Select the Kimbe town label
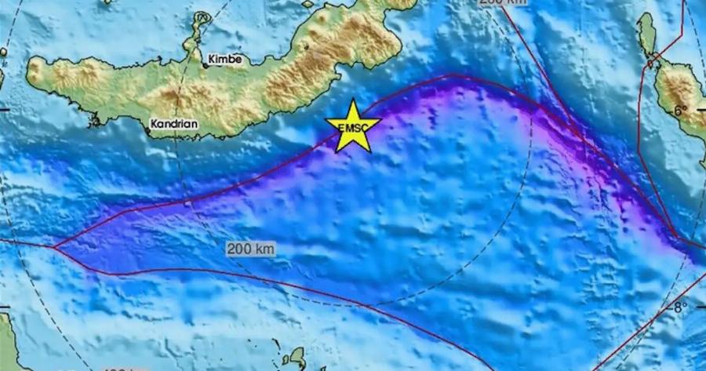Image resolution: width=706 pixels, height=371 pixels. coord(225,59)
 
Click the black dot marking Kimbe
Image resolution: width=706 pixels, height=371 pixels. coord(206,66)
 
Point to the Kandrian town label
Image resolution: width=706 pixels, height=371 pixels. coord(173,123)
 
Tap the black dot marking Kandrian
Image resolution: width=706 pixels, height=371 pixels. coord(147,131)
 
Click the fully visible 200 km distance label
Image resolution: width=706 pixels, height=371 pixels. coord(251,249)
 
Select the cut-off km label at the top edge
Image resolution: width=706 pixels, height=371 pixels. coord(502,3)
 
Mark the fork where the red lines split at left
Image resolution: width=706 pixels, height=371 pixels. coord(53,248)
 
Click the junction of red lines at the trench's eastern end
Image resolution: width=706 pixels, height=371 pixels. coord(679,236)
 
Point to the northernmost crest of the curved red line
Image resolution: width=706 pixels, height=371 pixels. coord(453,75)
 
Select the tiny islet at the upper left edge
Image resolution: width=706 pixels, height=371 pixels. coord(3,53)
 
